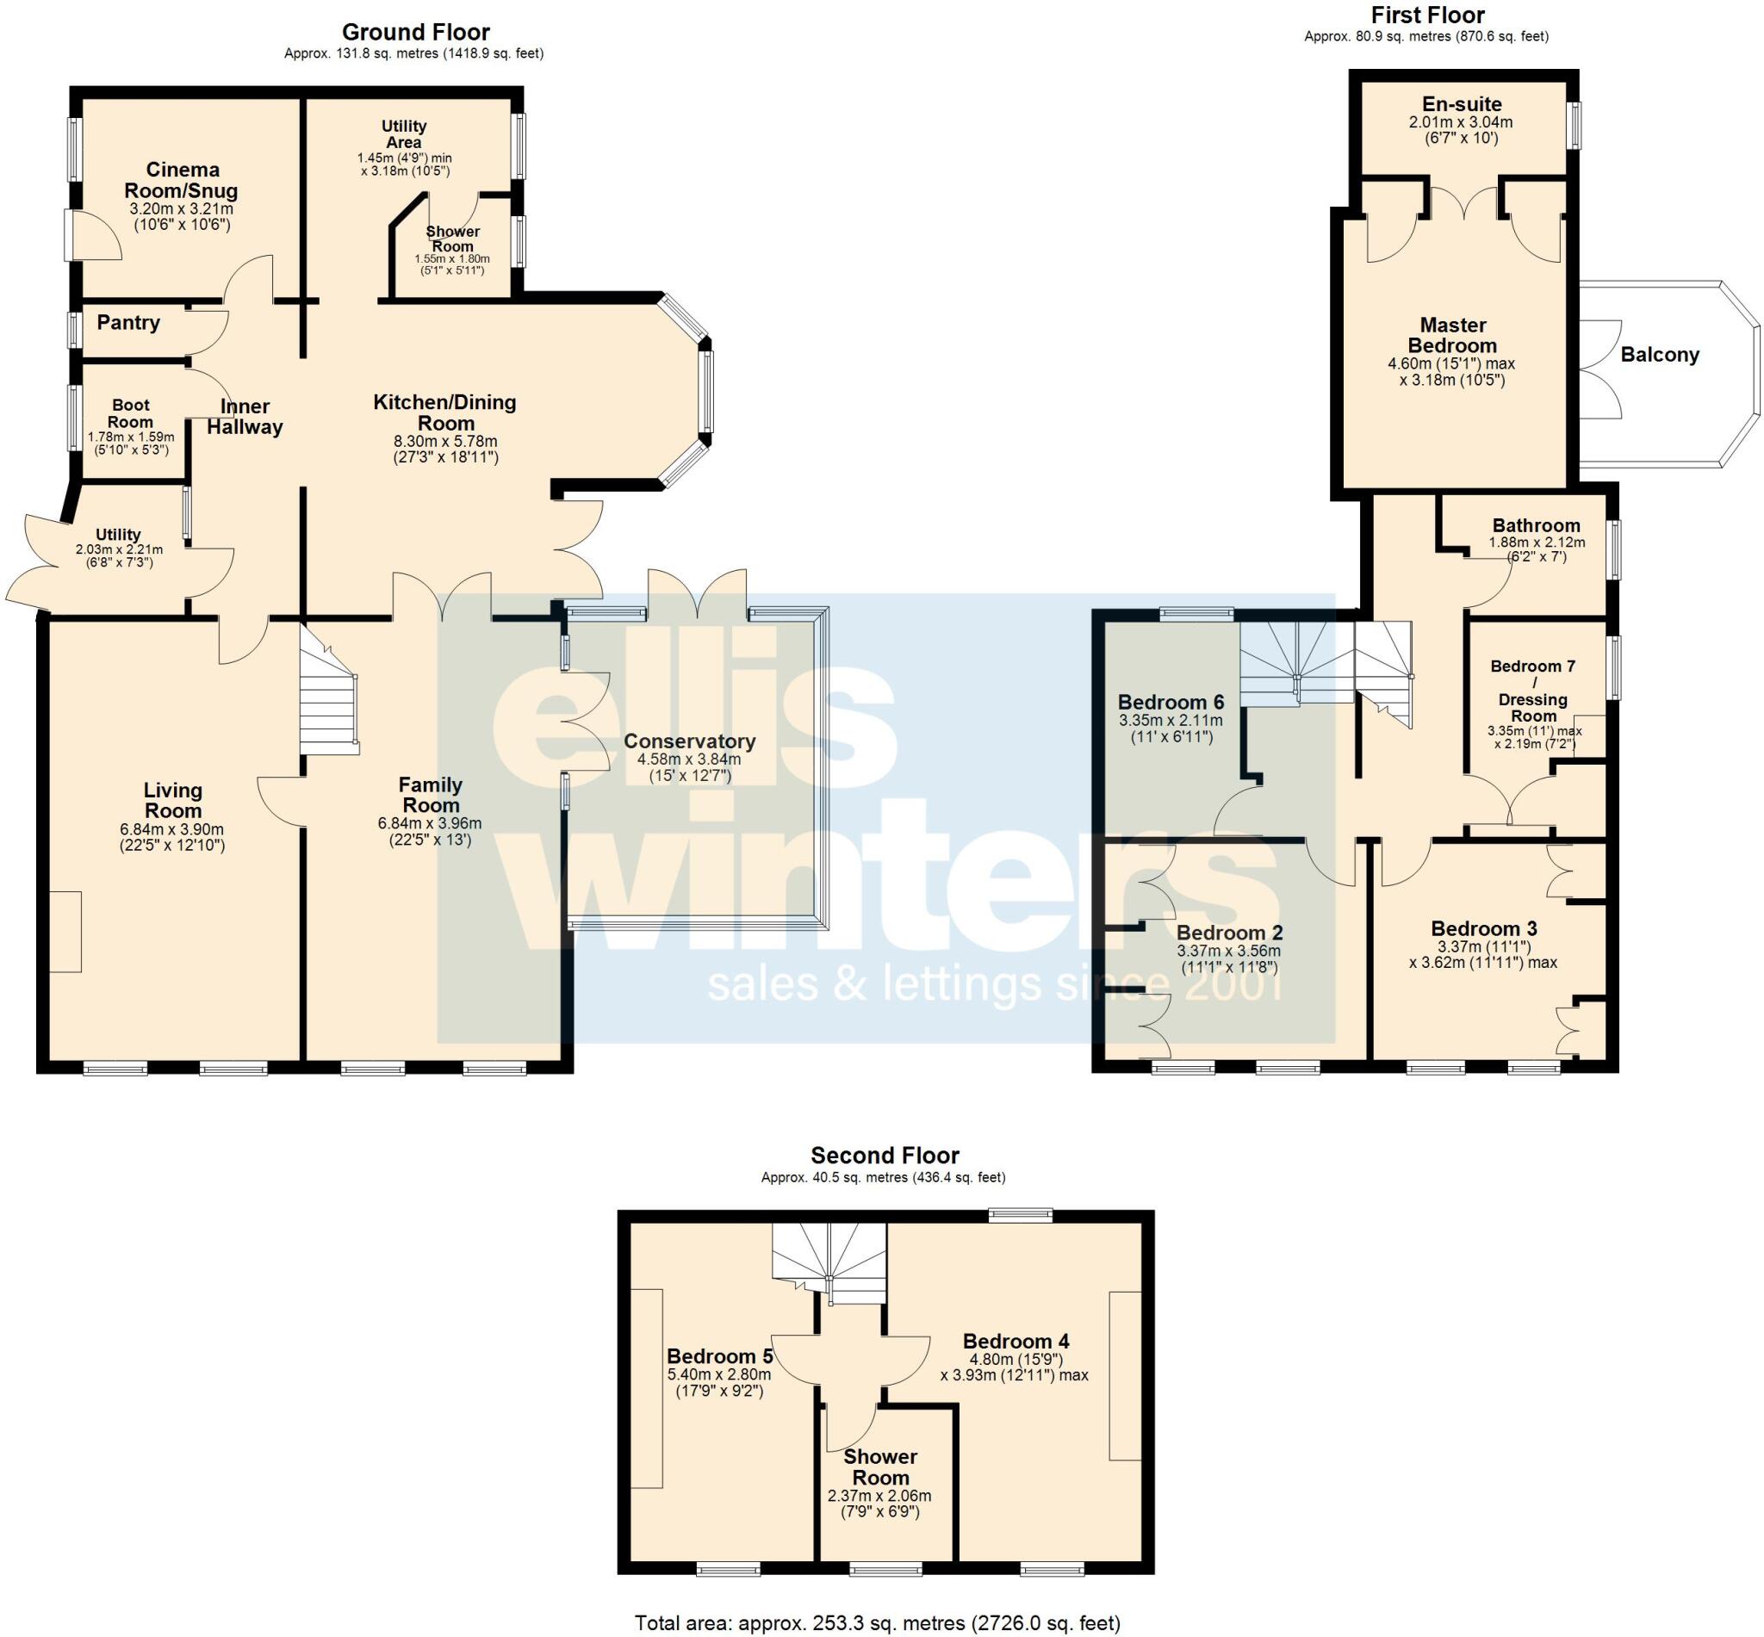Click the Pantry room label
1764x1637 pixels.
click(128, 322)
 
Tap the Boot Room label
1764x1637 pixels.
click(130, 413)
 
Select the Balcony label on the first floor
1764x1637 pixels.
click(1660, 356)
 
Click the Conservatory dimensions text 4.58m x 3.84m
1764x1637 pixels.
click(688, 760)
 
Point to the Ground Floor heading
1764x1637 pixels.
click(415, 33)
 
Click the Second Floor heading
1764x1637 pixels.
click(885, 1155)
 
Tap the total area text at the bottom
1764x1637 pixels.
click(877, 1623)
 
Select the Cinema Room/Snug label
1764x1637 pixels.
click(182, 180)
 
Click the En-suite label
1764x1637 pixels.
click(1461, 103)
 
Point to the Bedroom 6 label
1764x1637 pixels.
click(1171, 703)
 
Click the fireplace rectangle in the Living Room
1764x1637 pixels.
click(65, 931)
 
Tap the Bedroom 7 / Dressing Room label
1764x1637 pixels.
click(1533, 691)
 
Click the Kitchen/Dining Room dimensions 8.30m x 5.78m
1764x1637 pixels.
click(444, 441)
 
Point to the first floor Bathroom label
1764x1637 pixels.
click(1536, 525)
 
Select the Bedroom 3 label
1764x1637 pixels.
click(1483, 928)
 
